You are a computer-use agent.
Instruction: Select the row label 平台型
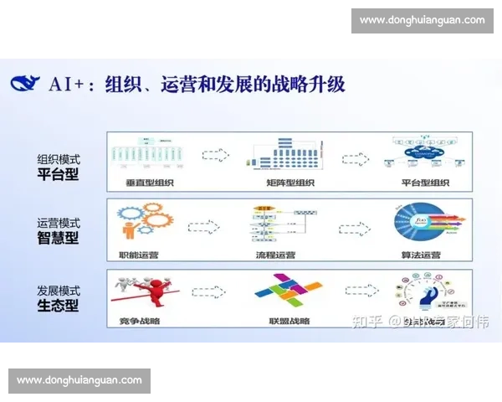click(x=58, y=174)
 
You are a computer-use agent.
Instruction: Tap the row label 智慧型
click(x=58, y=238)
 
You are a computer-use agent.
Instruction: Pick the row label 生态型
click(x=58, y=305)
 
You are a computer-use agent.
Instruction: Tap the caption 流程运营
click(x=281, y=252)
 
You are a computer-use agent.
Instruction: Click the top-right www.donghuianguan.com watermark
click(x=422, y=20)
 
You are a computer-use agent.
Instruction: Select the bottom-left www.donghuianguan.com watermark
click(x=80, y=380)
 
